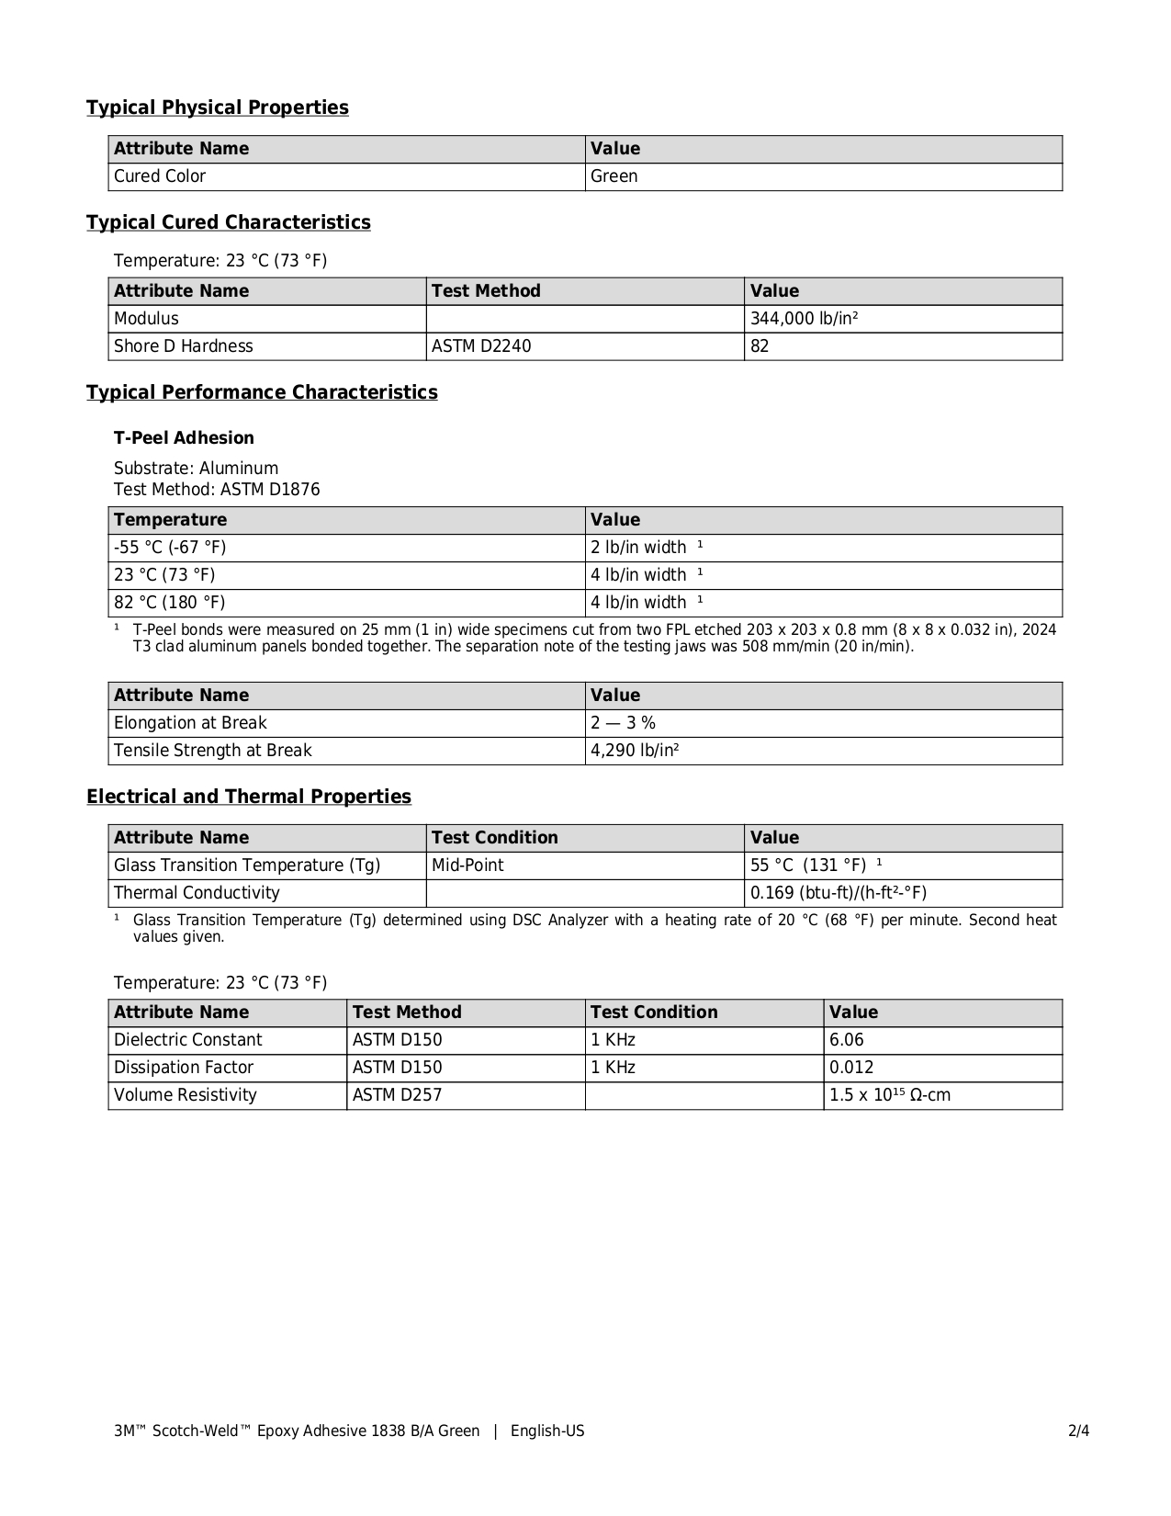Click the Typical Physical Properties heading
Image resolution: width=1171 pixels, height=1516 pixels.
coord(218,107)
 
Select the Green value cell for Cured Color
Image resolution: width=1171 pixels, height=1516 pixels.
coord(614,176)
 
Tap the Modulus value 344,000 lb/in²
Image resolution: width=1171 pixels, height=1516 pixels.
coord(805,319)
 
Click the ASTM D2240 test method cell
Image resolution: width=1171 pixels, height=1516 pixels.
coord(481,346)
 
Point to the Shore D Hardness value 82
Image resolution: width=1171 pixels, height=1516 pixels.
coord(760,346)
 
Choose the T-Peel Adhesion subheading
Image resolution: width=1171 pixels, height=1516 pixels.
coord(184,438)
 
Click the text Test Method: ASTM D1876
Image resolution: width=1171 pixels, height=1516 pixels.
coord(217,490)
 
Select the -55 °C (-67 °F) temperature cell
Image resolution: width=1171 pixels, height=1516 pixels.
coord(170,548)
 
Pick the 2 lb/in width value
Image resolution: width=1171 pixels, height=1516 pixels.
coord(639,548)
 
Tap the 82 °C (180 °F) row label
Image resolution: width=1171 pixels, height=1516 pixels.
coord(170,603)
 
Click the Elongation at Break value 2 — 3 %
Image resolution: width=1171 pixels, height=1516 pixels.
coord(624,723)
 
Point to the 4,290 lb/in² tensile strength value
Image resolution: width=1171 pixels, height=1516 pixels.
coord(636,751)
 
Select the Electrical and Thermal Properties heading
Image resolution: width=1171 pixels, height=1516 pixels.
coord(249,797)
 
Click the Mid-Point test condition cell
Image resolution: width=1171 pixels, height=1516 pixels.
coord(467,865)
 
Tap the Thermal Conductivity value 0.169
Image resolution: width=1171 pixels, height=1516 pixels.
coord(839,893)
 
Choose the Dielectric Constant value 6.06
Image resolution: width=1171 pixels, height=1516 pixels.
coord(847,1040)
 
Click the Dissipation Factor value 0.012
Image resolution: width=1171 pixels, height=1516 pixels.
coord(851,1068)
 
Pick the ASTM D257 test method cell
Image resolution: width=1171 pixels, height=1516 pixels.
coord(398,1095)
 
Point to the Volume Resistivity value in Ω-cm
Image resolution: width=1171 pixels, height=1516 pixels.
coord(890,1095)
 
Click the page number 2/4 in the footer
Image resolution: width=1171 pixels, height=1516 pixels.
coord(1079,1431)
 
